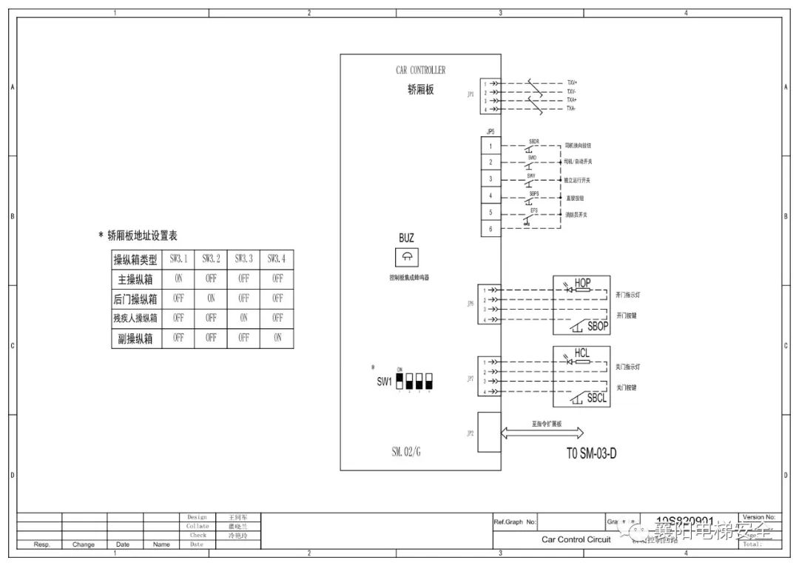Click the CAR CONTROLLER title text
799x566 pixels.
click(420, 70)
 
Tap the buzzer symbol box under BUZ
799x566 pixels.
click(406, 257)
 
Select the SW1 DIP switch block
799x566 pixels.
click(414, 382)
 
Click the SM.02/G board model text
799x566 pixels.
click(410, 450)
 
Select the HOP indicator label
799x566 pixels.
click(582, 283)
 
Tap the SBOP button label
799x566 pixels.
click(597, 326)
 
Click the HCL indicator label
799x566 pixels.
click(581, 354)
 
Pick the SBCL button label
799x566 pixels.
click(597, 398)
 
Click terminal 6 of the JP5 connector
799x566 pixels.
click(490, 230)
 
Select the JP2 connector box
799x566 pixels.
click(490, 432)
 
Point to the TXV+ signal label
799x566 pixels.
click(572, 83)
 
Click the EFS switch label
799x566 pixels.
click(533, 210)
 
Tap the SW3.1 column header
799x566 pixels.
click(178, 259)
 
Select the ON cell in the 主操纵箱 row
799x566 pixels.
click(178, 279)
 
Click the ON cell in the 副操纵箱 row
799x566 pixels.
click(277, 339)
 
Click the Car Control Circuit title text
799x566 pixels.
click(576, 539)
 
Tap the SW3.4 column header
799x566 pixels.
click(277, 259)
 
